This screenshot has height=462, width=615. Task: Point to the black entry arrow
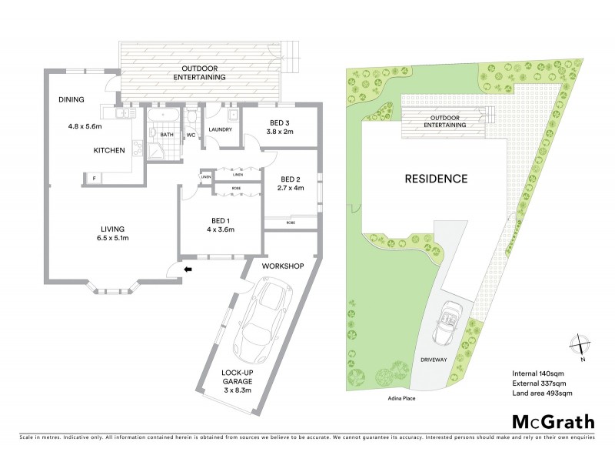(188, 269)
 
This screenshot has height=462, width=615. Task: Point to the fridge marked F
(94, 179)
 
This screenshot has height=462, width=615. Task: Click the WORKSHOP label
(284, 266)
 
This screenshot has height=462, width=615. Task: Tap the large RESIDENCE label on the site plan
(436, 179)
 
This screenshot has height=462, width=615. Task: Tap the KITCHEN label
(109, 150)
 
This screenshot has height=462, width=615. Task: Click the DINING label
(71, 99)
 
